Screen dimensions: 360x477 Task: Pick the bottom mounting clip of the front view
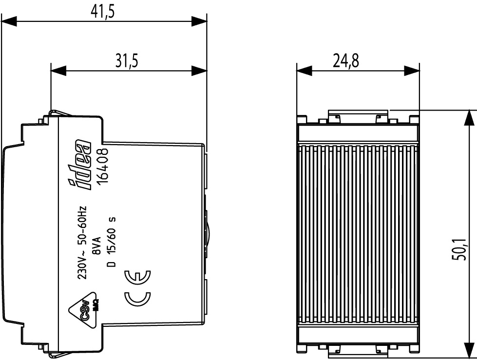point(358,350)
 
